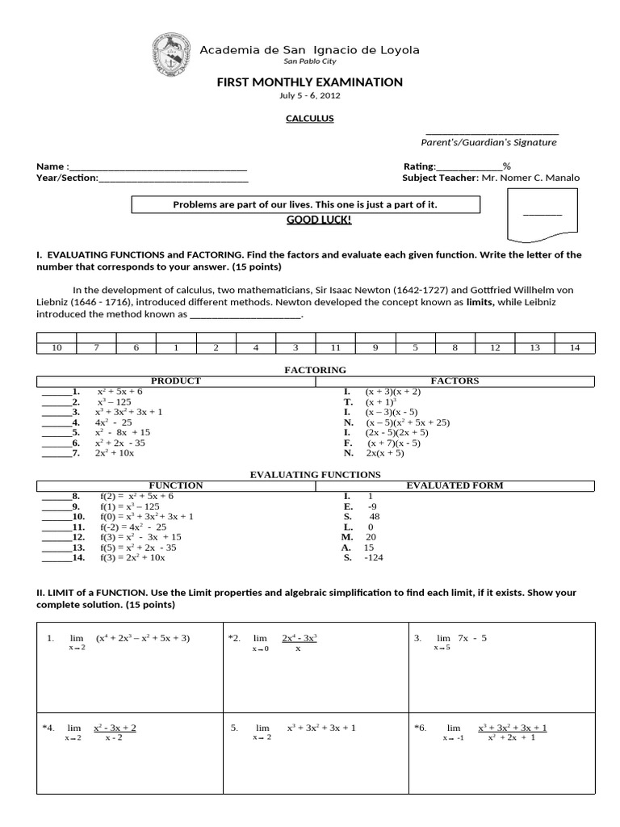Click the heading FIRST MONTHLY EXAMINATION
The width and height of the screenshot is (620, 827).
click(x=310, y=82)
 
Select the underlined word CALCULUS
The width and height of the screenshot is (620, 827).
click(x=310, y=119)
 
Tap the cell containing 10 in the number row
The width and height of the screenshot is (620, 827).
click(x=57, y=347)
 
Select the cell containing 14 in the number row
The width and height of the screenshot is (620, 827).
click(x=575, y=347)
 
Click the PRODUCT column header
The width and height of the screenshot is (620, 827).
click(x=176, y=380)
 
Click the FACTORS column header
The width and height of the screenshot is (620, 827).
click(x=455, y=380)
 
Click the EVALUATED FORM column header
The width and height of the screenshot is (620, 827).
click(x=455, y=485)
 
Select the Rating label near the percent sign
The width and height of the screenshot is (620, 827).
click(x=420, y=166)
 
